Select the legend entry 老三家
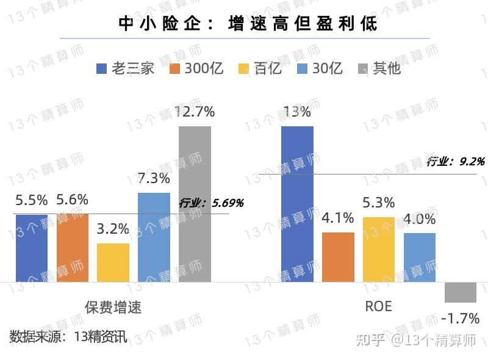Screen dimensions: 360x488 (x=126, y=68)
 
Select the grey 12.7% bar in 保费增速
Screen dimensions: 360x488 (x=195, y=204)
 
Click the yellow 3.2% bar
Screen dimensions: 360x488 (x=113, y=262)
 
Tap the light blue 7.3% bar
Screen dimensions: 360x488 (x=154, y=237)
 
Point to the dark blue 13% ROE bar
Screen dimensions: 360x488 (x=297, y=204)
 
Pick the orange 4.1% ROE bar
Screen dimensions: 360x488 (x=338, y=257)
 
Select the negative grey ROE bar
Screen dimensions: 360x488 (x=460, y=292)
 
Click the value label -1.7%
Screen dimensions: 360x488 (x=459, y=318)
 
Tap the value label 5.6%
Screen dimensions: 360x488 (x=73, y=200)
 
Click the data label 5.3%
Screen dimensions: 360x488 (x=378, y=203)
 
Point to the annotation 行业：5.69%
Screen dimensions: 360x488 (x=211, y=203)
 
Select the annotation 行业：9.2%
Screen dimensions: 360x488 (x=455, y=162)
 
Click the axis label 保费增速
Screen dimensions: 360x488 (x=113, y=307)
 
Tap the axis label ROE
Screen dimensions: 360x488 (x=378, y=306)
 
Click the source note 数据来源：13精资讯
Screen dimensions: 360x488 (x=68, y=336)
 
